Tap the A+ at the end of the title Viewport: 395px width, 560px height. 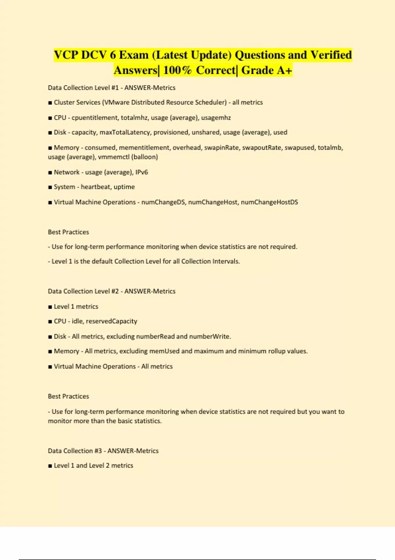pyautogui.click(x=284, y=70)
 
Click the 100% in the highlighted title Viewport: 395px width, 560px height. pyautogui.click(x=177, y=70)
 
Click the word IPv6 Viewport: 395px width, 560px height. pyautogui.click(x=142, y=172)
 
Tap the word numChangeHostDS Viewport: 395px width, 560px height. pyautogui.click(x=269, y=202)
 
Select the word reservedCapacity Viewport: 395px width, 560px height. pyautogui.click(x=112, y=321)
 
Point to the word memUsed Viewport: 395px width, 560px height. pyautogui.click(x=164, y=351)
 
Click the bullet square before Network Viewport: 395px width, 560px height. pyautogui.click(x=50, y=172)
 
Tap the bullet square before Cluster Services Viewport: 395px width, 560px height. pyautogui.click(x=50, y=103)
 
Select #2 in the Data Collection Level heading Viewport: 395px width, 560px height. pyautogui.click(x=115, y=291)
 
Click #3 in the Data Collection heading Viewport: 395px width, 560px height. pyautogui.click(x=98, y=451)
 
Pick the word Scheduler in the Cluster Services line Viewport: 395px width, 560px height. pyautogui.click(x=211, y=102)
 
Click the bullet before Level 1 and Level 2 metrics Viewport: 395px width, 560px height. pyautogui.click(x=50, y=466)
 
